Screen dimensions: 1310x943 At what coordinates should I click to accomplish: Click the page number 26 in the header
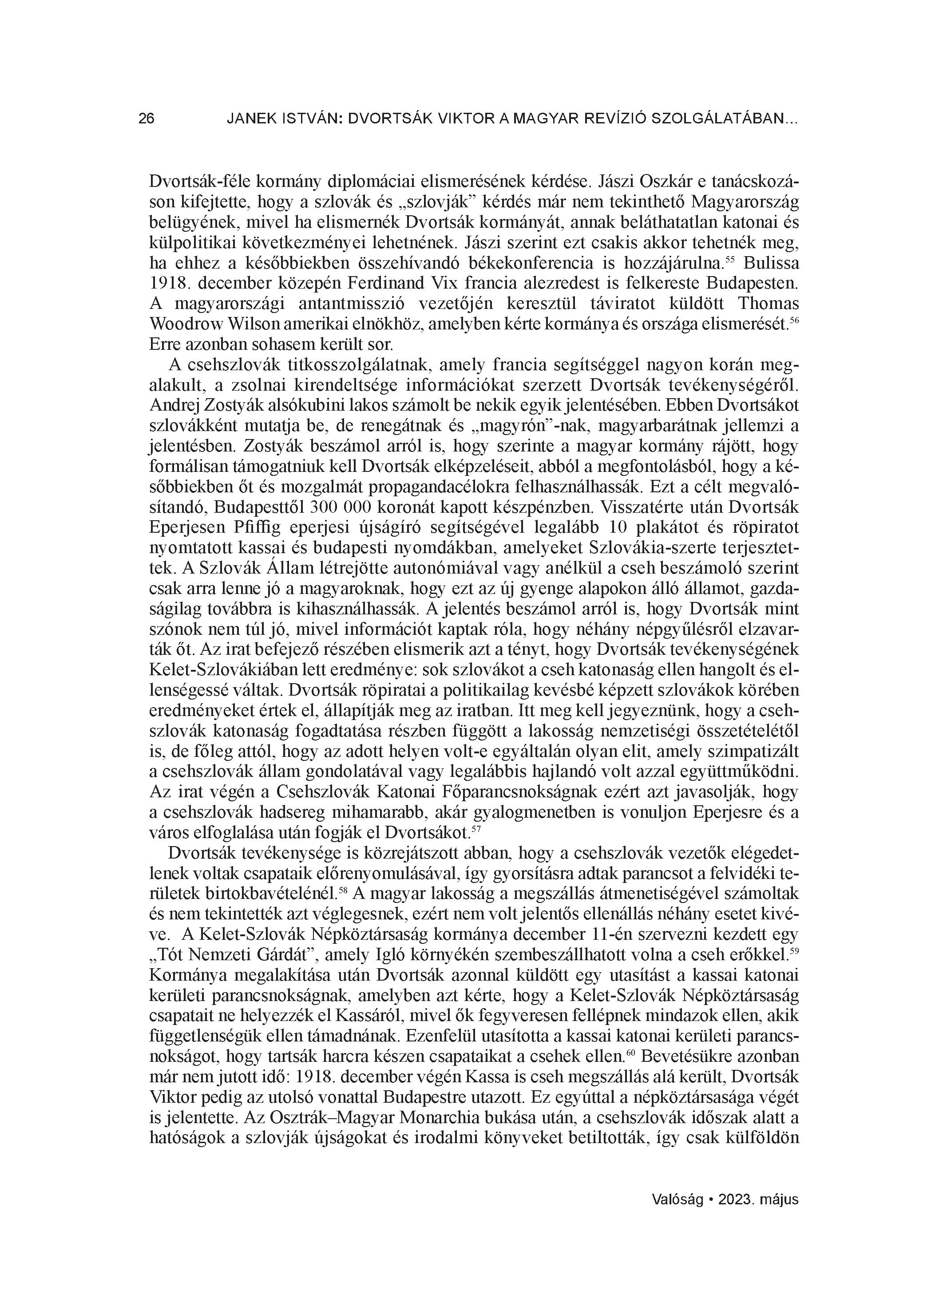point(147,119)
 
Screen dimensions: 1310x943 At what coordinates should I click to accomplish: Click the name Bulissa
point(771,263)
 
